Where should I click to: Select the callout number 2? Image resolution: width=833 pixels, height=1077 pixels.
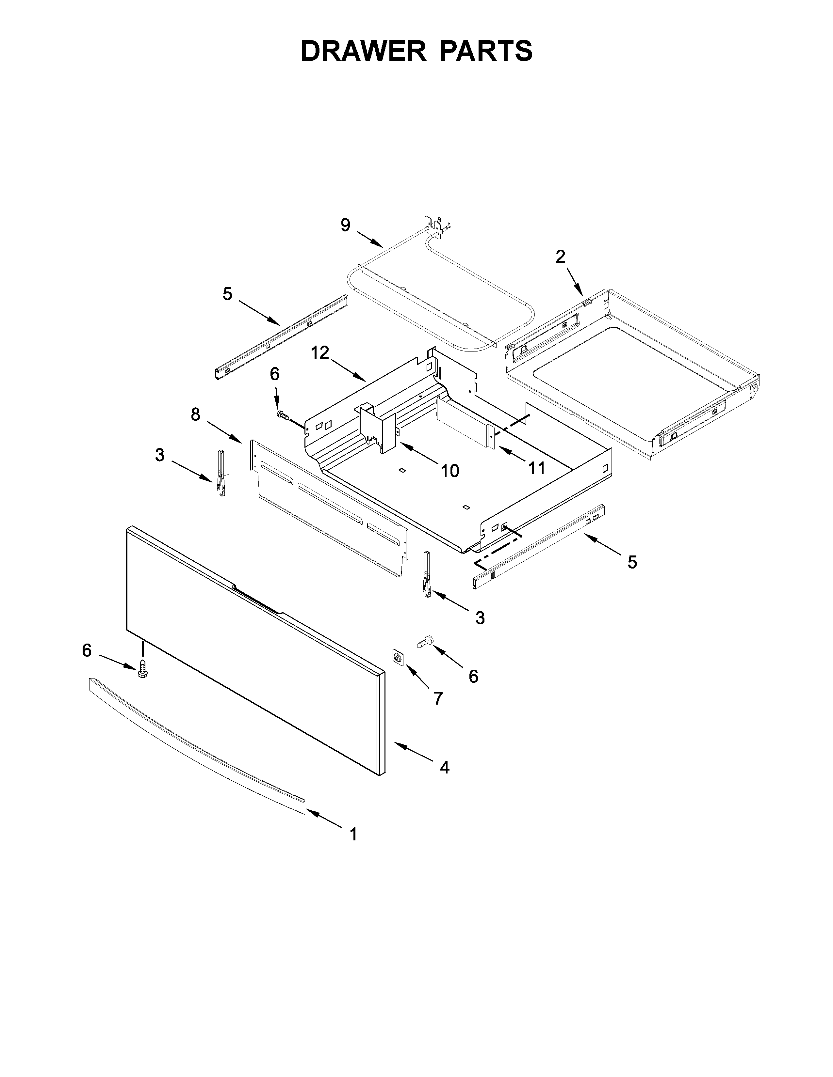coord(560,257)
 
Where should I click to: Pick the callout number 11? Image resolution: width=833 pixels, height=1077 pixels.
coord(536,468)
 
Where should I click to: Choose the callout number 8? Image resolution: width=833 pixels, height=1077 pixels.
coord(196,415)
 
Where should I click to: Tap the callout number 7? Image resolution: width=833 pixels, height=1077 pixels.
coord(438,698)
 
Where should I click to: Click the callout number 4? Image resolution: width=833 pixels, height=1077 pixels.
coord(444,767)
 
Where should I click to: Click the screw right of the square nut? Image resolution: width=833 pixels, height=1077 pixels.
coord(425,642)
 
